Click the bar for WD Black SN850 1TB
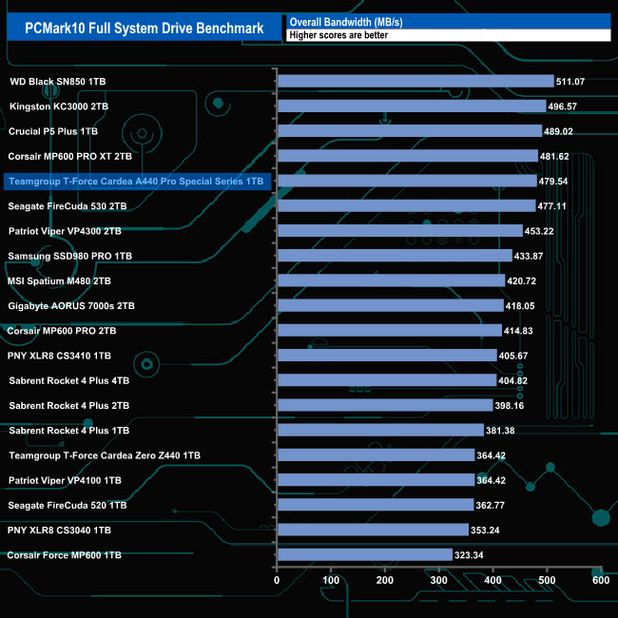(x=415, y=81)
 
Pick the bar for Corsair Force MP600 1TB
(x=364, y=554)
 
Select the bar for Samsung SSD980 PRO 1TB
(x=395, y=256)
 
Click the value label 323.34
(x=472, y=554)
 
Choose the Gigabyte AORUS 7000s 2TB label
(x=71, y=306)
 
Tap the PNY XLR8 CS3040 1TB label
(x=60, y=530)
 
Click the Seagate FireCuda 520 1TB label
(x=68, y=505)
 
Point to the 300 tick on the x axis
(x=438, y=580)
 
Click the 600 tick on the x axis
(x=600, y=580)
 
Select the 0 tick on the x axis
(x=277, y=580)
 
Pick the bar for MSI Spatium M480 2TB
(x=391, y=280)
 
